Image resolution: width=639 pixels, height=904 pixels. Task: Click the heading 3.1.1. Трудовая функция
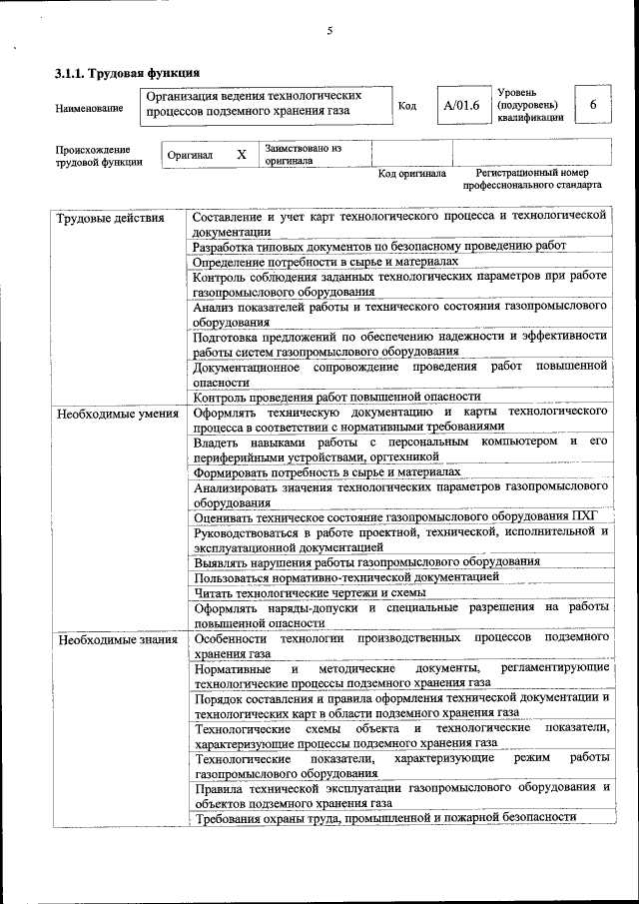coord(127,73)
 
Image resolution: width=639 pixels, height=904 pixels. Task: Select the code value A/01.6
coord(461,105)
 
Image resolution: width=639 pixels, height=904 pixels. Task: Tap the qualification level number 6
coord(593,105)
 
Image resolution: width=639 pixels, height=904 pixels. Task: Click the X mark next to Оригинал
coord(241,155)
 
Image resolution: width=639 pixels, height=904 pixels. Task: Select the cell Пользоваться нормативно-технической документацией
coord(346,576)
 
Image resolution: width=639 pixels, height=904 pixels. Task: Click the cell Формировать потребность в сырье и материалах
coord(326,471)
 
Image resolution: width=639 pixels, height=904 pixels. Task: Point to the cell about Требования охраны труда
coord(384,817)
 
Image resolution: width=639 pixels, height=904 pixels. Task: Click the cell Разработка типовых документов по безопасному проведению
coord(379,245)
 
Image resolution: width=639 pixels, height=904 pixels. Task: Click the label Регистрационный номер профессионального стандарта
coord(531,180)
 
